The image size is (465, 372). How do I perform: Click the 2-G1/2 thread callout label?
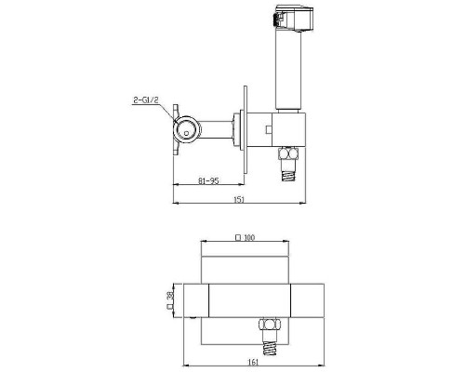coord(146,100)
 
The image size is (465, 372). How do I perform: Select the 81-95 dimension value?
coord(208,180)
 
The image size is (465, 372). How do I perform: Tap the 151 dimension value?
coord(239,199)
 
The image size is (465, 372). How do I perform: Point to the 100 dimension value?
coord(249,238)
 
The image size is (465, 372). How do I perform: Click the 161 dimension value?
coord(253,362)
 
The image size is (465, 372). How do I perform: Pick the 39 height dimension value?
coord(169,296)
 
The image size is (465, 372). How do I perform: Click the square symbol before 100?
coord(238,238)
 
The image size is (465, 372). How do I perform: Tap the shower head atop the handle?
coord(294,18)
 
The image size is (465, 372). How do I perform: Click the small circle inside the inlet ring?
coord(186,133)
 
